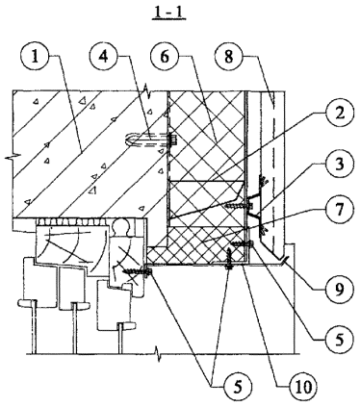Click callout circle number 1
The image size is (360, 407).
[35, 58]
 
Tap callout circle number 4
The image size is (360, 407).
[102, 57]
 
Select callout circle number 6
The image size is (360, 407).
[165, 57]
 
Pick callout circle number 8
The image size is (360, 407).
[228, 58]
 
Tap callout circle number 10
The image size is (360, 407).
[302, 387]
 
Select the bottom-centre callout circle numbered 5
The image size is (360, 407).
[238, 387]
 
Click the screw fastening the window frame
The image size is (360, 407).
[138, 272]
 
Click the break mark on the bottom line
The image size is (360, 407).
[158, 353]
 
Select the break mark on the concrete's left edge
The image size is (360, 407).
[13, 157]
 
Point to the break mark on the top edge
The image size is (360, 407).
[147, 90]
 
